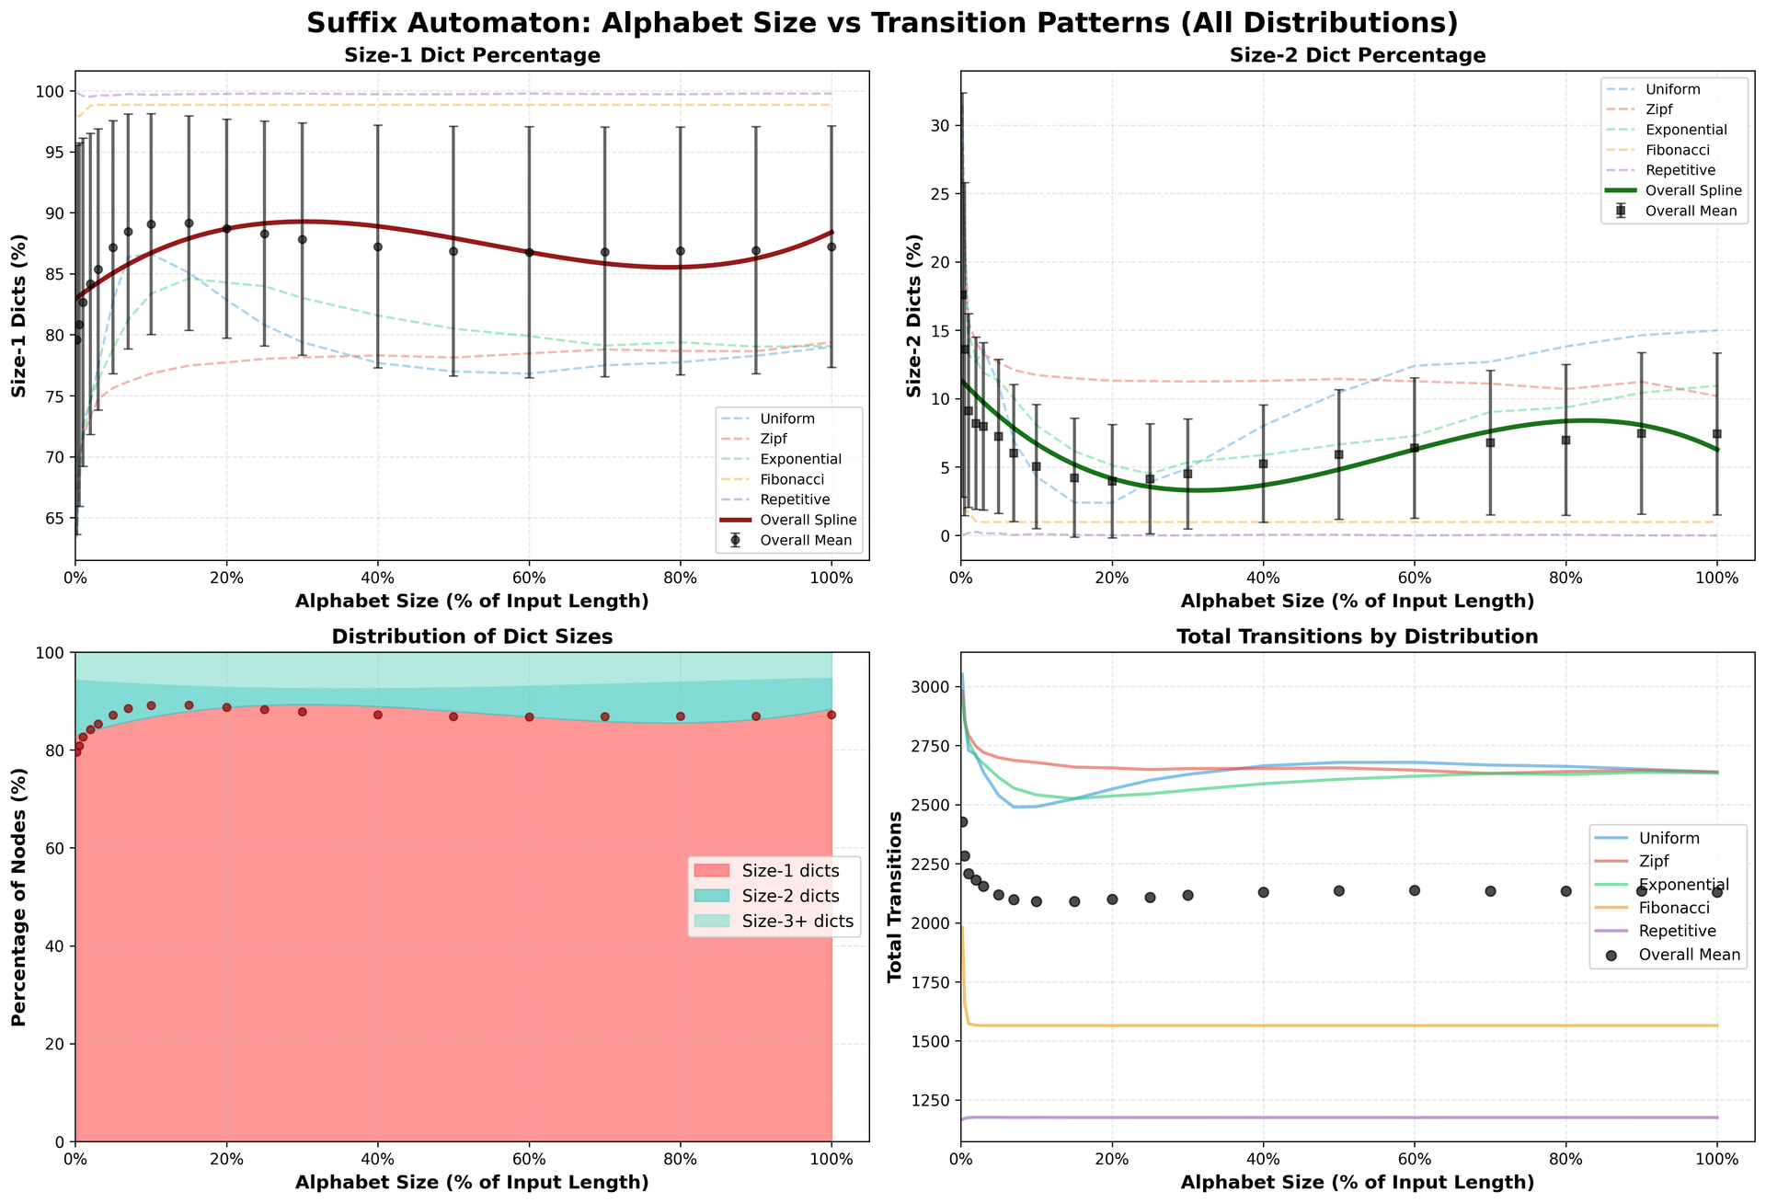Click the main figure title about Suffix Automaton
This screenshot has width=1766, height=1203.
pyautogui.click(x=882, y=22)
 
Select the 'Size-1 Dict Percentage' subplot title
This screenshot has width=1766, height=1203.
pyautogui.click(x=472, y=56)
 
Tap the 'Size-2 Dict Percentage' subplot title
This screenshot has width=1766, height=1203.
pyautogui.click(x=1358, y=56)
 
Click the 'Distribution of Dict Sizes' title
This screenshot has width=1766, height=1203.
pyautogui.click(x=472, y=637)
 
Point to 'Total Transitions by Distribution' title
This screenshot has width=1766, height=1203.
pyautogui.click(x=1358, y=637)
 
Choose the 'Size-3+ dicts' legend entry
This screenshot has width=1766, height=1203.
pyautogui.click(x=797, y=921)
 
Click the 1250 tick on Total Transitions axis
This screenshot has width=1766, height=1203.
pyautogui.click(x=934, y=1101)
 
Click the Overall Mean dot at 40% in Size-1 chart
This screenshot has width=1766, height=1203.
pyautogui.click(x=378, y=246)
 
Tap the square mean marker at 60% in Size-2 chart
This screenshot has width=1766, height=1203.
pyautogui.click(x=1415, y=448)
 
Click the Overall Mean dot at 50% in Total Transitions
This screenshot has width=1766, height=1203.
pyautogui.click(x=1339, y=890)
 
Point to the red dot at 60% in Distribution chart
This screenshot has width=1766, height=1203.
pyautogui.click(x=529, y=716)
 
